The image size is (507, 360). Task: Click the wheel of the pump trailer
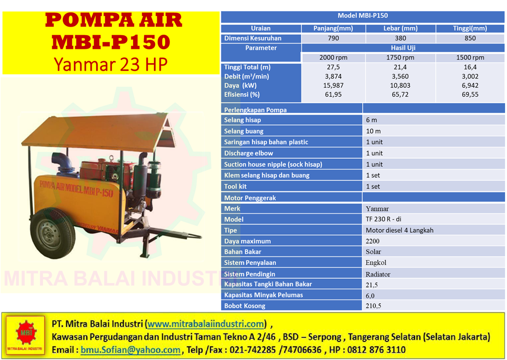click(53, 233)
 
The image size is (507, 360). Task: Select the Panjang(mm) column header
click(333, 29)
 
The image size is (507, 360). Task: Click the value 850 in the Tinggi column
click(470, 38)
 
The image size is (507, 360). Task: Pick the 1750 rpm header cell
click(400, 58)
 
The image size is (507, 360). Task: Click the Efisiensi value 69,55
click(470, 95)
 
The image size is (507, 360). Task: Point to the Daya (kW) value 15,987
click(333, 85)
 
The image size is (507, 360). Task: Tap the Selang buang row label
click(244, 131)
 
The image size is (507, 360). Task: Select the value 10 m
click(373, 131)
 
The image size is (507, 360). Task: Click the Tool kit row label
click(235, 186)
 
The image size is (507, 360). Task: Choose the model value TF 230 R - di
click(384, 219)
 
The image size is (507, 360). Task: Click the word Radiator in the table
click(378, 274)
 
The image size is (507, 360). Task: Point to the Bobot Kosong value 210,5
click(373, 306)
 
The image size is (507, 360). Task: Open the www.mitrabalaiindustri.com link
click(206, 324)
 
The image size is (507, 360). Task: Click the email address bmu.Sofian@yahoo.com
click(130, 350)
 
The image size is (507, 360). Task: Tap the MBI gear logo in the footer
click(26, 334)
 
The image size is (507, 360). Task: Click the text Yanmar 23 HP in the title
click(110, 64)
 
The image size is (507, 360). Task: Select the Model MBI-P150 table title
click(362, 15)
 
